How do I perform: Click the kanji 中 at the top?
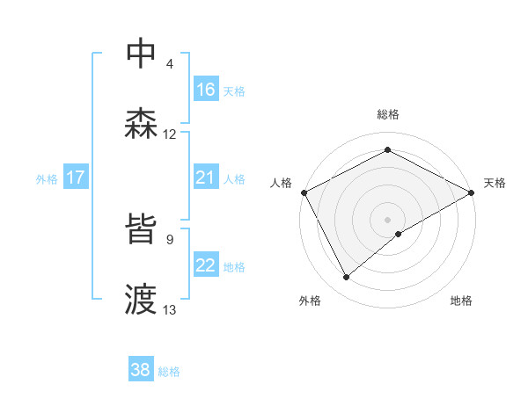[143, 54]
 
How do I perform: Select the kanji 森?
[143, 124]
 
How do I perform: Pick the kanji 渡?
[143, 299]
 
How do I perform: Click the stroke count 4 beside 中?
[170, 64]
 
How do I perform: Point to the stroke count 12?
[170, 134]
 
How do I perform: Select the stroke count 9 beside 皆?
[170, 238]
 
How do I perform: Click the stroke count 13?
[170, 309]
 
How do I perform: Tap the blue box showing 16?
[206, 90]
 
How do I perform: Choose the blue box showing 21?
[206, 178]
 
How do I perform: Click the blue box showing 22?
[206, 265]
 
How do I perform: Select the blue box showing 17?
[76, 178]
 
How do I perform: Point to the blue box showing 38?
[141, 370]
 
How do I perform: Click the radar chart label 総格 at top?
[388, 114]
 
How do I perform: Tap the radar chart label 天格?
[495, 183]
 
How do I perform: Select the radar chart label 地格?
[461, 301]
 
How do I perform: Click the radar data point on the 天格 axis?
[473, 192]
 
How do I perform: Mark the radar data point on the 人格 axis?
[304, 192]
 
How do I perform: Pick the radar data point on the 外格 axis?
[347, 277]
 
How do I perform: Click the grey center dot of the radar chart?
[388, 219]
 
